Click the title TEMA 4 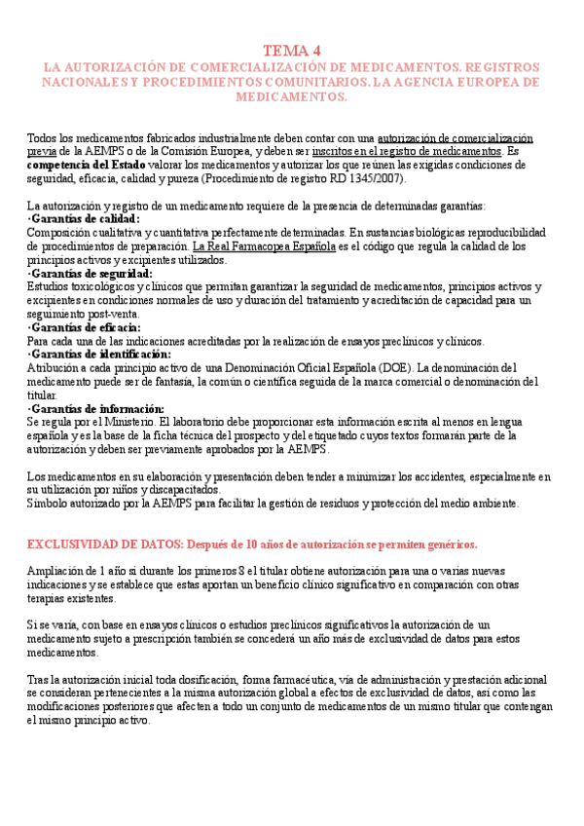pyautogui.click(x=292, y=51)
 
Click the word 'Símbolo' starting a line pyautogui.click(x=47, y=504)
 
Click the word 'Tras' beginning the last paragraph pyautogui.click(x=38, y=679)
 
